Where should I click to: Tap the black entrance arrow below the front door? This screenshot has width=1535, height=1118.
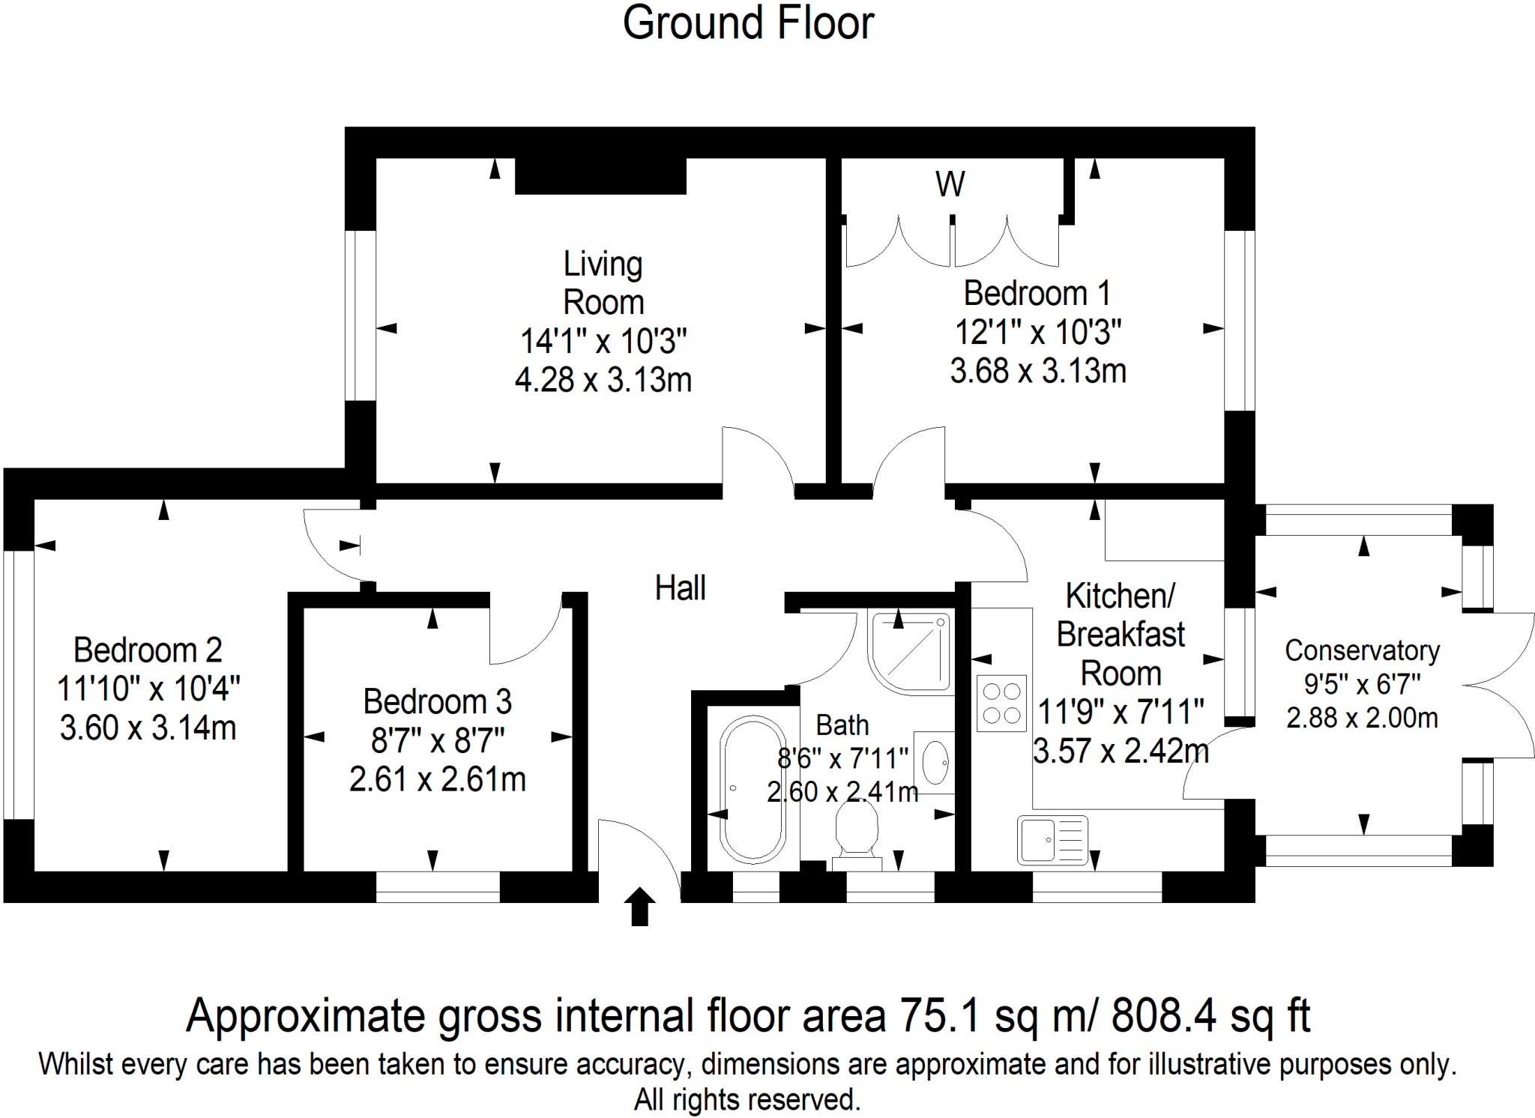(x=639, y=906)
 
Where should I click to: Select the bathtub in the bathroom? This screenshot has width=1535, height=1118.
(x=753, y=788)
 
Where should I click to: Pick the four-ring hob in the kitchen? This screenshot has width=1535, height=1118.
(x=1001, y=703)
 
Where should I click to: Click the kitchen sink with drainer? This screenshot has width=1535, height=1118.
(x=1052, y=839)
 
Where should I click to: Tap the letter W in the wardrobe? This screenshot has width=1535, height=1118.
(x=950, y=184)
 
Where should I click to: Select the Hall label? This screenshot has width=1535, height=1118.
(x=680, y=588)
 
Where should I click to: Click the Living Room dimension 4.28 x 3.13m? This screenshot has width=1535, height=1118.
(x=603, y=380)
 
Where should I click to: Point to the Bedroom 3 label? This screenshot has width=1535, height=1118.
(x=437, y=702)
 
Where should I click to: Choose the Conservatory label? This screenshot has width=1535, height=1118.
(x=1362, y=650)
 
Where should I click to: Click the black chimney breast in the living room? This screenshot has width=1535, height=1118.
(x=600, y=176)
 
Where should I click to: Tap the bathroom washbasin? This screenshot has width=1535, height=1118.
(x=935, y=763)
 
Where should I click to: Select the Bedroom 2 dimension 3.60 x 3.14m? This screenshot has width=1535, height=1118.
(x=148, y=728)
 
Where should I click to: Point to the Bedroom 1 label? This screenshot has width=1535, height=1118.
(x=1037, y=293)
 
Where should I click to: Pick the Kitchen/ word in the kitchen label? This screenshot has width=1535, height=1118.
(x=1120, y=596)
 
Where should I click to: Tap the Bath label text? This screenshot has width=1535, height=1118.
(x=842, y=725)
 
